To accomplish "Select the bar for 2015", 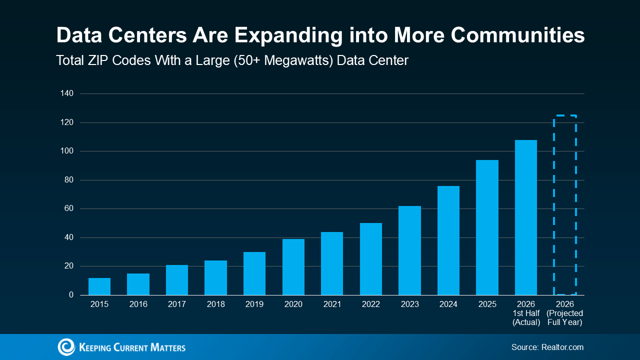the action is (99, 286).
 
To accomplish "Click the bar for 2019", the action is (254, 273).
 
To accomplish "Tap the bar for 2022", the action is (371, 259).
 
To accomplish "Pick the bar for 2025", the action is (487, 227).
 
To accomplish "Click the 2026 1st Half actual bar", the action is (526, 217).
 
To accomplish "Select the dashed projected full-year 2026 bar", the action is (554, 205).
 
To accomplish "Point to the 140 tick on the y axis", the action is (67, 93).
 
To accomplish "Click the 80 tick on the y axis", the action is (69, 180).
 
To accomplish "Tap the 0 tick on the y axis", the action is (71, 295).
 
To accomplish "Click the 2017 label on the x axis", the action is (177, 304).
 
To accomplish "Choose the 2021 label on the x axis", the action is (332, 304).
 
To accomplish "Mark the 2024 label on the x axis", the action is (448, 304).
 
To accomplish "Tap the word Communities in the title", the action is (517, 35).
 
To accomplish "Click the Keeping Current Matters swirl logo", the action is (66, 347).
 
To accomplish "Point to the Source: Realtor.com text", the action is (547, 347).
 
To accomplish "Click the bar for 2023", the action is (409, 250).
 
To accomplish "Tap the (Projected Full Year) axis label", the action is (565, 317).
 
